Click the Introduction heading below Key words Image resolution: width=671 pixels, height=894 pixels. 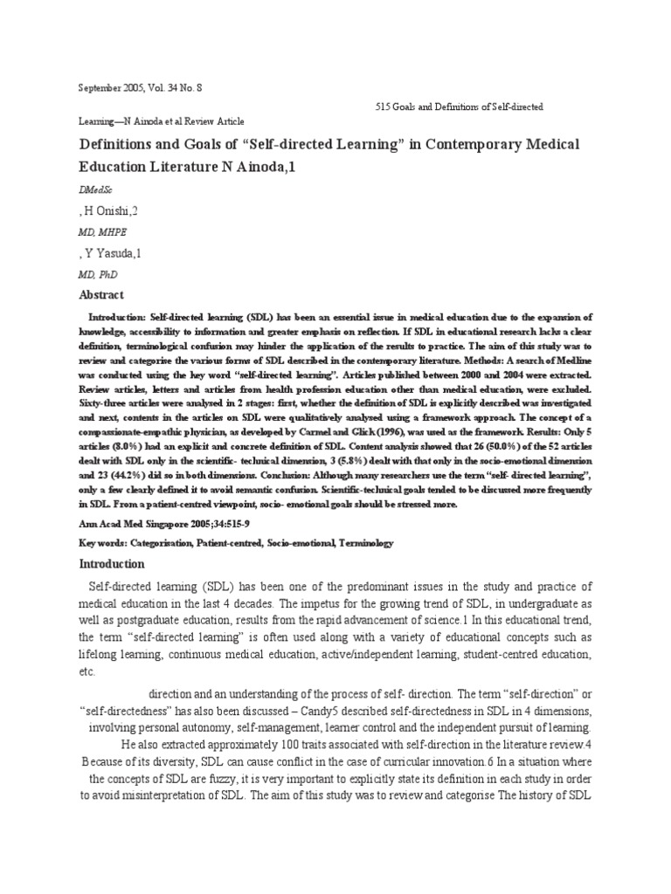click(x=113, y=564)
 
